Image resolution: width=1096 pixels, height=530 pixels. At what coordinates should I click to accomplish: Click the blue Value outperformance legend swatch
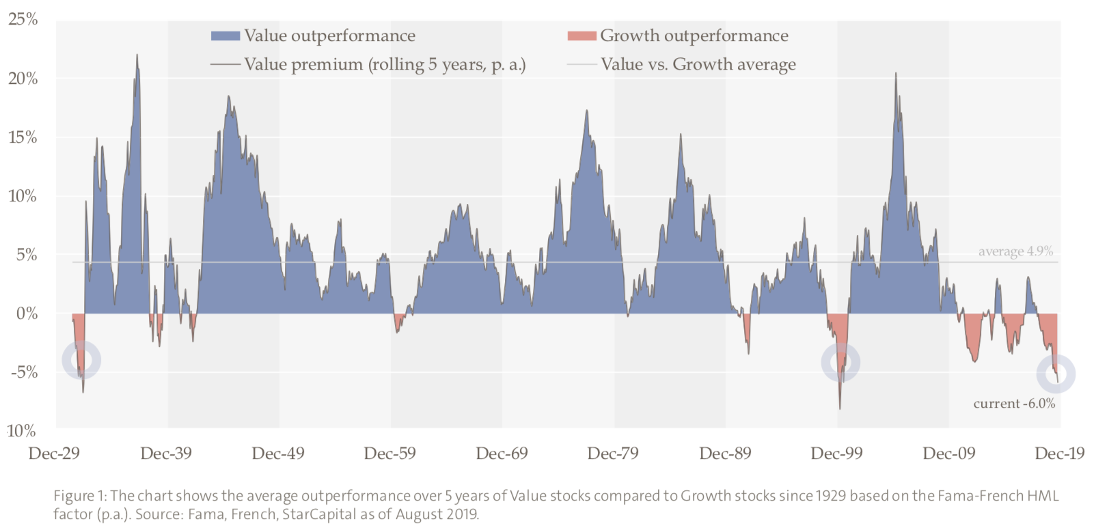225,36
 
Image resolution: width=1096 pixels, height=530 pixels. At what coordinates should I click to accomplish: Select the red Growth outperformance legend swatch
581,36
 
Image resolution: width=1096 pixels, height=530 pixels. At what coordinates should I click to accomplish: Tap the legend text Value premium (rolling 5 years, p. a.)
385,64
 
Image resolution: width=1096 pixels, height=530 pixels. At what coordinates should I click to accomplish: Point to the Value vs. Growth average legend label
698,64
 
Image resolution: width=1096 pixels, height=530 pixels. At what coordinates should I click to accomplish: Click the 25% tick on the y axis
23,19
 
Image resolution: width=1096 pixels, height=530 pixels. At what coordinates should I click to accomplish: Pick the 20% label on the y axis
23,79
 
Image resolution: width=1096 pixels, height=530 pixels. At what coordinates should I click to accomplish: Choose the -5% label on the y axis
24,372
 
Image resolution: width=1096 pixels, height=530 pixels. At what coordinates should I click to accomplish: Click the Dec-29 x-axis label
54,454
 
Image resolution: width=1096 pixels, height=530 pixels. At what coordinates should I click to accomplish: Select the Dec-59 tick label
389,454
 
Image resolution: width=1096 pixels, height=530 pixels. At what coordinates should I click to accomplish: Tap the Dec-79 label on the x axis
613,454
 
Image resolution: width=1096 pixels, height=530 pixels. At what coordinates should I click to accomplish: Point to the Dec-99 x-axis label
836,454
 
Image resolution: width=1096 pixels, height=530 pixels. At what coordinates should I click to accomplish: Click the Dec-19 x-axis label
1060,454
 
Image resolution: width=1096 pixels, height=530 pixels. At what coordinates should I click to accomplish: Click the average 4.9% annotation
1015,251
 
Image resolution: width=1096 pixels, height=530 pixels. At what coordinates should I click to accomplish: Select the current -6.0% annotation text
1014,404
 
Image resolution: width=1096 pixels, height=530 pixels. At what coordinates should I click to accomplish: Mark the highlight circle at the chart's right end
1056,374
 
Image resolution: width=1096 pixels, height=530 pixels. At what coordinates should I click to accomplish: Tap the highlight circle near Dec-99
840,362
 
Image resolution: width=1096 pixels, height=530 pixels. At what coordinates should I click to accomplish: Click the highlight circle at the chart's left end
81,360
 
